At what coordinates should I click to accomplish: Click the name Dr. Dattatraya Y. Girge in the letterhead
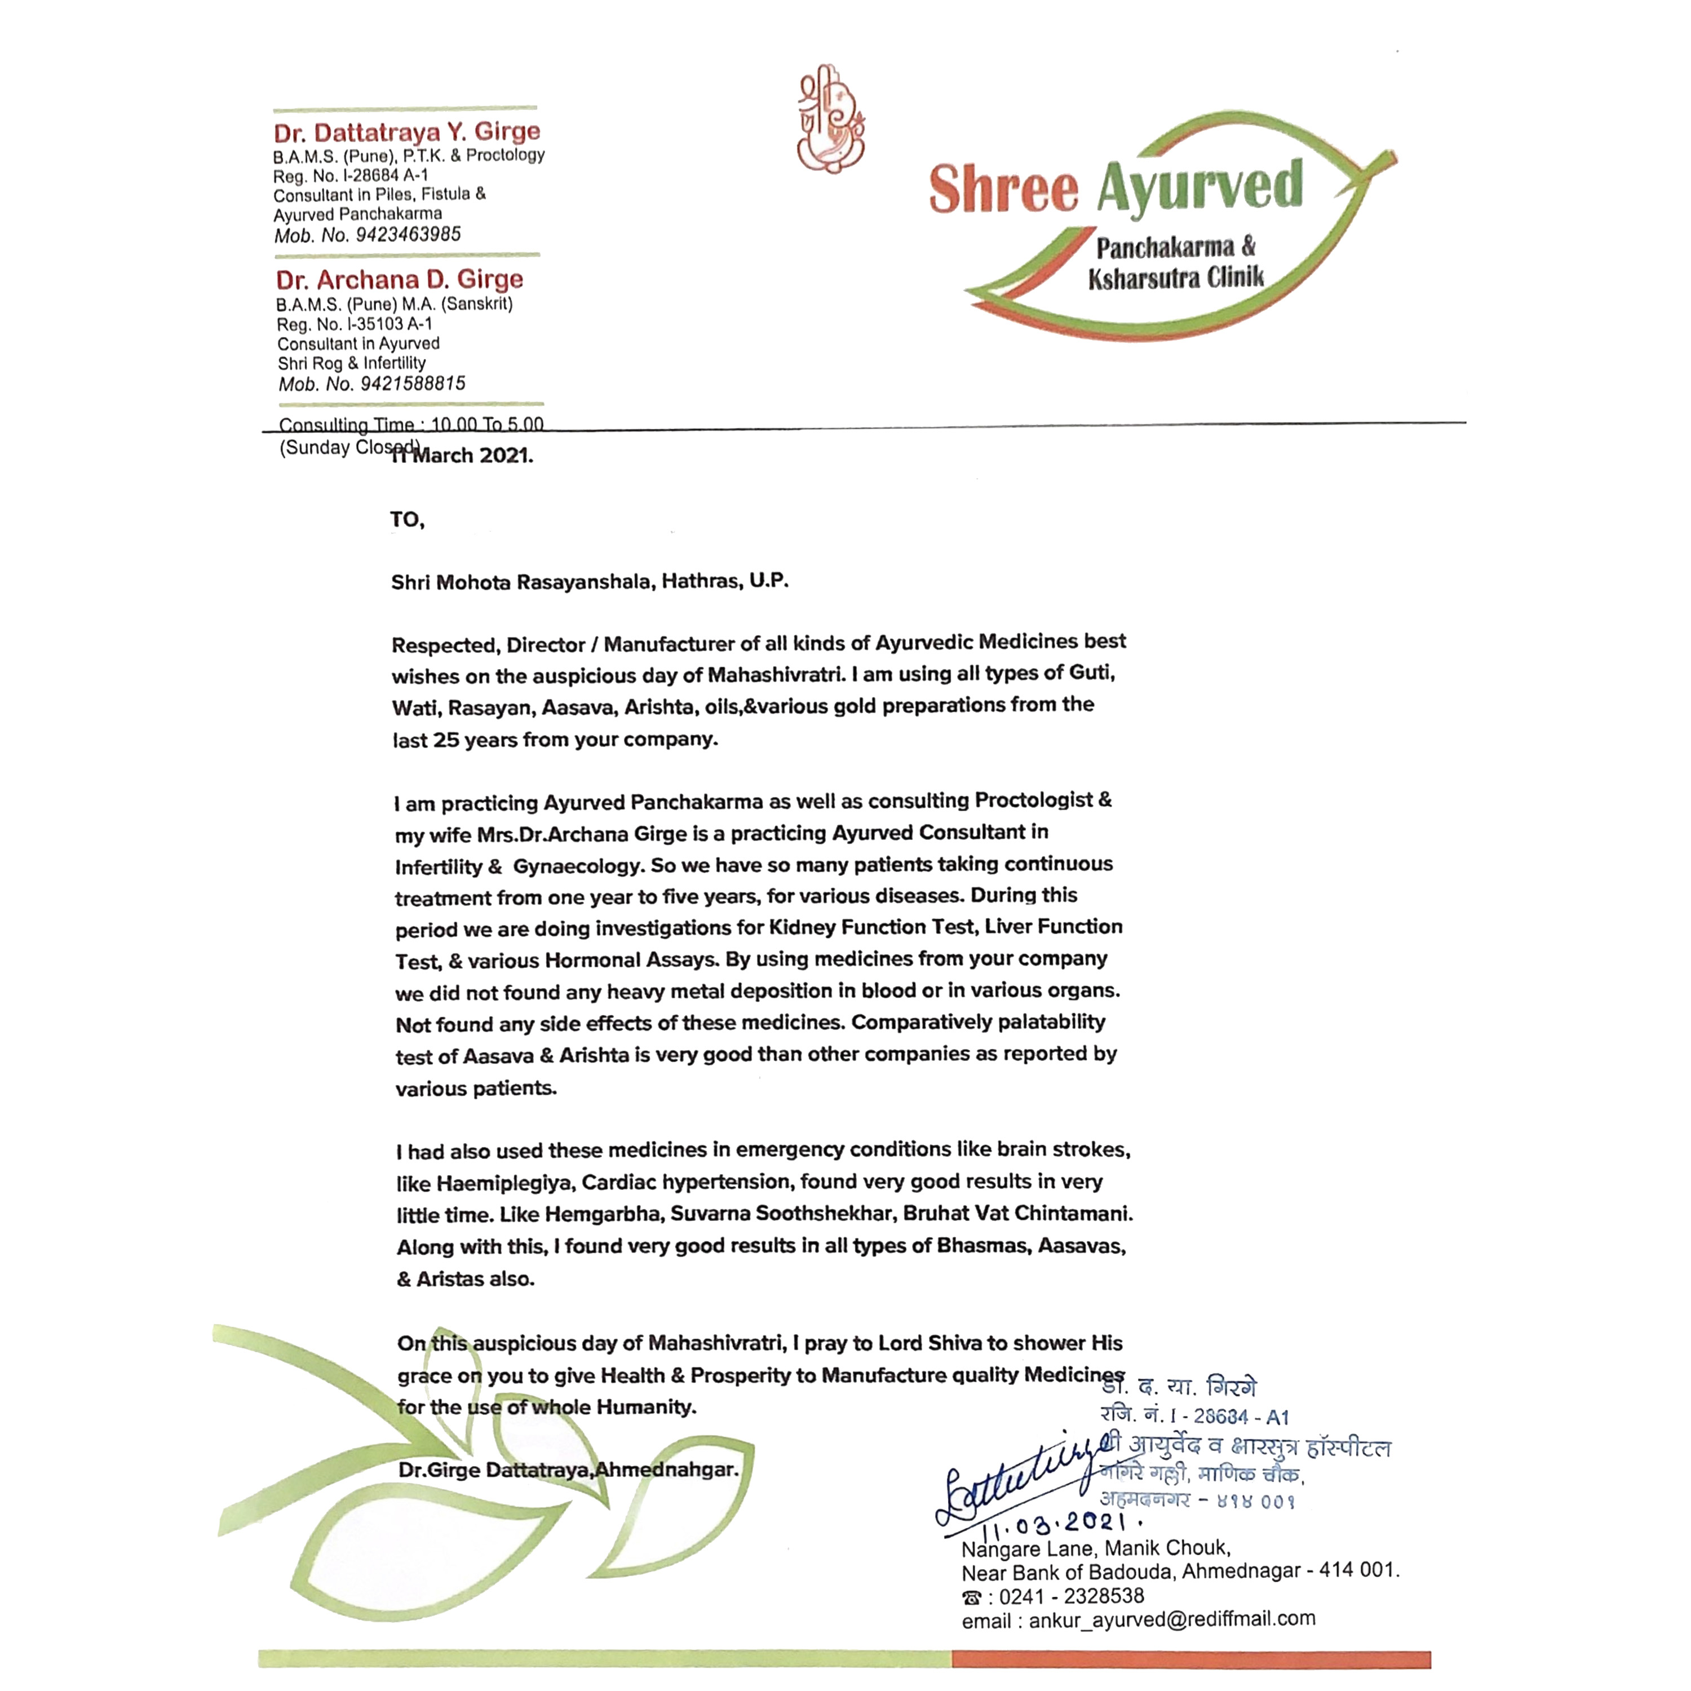point(407,132)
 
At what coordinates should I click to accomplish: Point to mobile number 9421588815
point(412,383)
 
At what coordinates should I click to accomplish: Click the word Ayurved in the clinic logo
point(1199,187)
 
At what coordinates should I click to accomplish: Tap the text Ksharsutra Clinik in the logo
point(1175,279)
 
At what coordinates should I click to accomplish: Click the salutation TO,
point(407,520)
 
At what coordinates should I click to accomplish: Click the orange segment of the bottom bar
point(1190,1659)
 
